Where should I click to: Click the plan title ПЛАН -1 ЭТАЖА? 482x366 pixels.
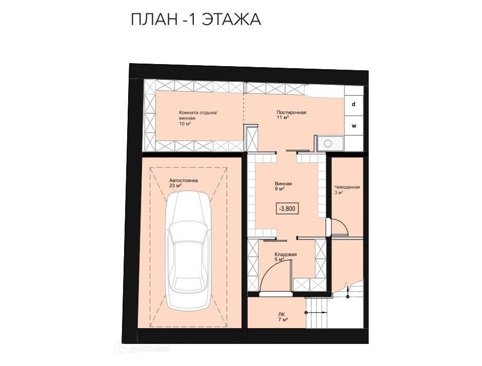pyautogui.click(x=196, y=20)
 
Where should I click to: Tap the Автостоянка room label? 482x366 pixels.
pyautogui.click(x=183, y=180)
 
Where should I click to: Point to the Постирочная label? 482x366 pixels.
pyautogui.click(x=291, y=112)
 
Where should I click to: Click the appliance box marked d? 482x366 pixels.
pyautogui.click(x=354, y=105)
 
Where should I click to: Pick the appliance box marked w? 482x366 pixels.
pyautogui.click(x=354, y=126)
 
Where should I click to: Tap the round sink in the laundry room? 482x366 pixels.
pyautogui.click(x=328, y=143)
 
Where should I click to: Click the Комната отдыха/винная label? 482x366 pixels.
pyautogui.click(x=198, y=115)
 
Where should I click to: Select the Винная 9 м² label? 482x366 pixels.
pyautogui.click(x=284, y=186)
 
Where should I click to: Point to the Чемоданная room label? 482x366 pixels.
pyautogui.click(x=347, y=187)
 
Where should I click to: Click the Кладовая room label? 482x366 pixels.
pyautogui.click(x=286, y=255)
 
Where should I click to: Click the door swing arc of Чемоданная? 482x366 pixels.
pyautogui.click(x=342, y=223)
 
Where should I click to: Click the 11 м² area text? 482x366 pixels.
pyautogui.click(x=282, y=118)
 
